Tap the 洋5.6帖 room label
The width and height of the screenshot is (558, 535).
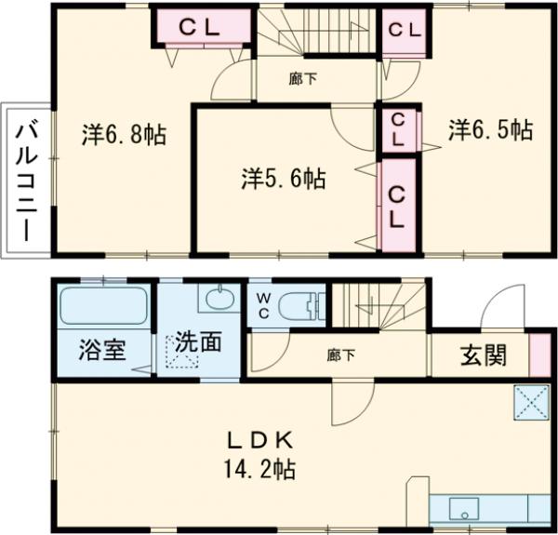[284, 179]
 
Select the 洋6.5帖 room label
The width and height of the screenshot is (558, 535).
[490, 129]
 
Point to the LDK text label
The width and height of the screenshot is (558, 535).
[261, 438]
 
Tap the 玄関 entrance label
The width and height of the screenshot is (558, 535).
[483, 354]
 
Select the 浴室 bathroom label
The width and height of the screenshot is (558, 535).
[101, 353]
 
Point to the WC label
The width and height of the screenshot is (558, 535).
[263, 306]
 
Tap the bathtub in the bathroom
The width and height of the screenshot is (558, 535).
[103, 306]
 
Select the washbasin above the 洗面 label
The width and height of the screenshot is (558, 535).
[219, 299]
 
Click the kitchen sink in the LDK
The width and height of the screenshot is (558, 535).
[463, 511]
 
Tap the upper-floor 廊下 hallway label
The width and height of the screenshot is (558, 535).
[302, 79]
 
